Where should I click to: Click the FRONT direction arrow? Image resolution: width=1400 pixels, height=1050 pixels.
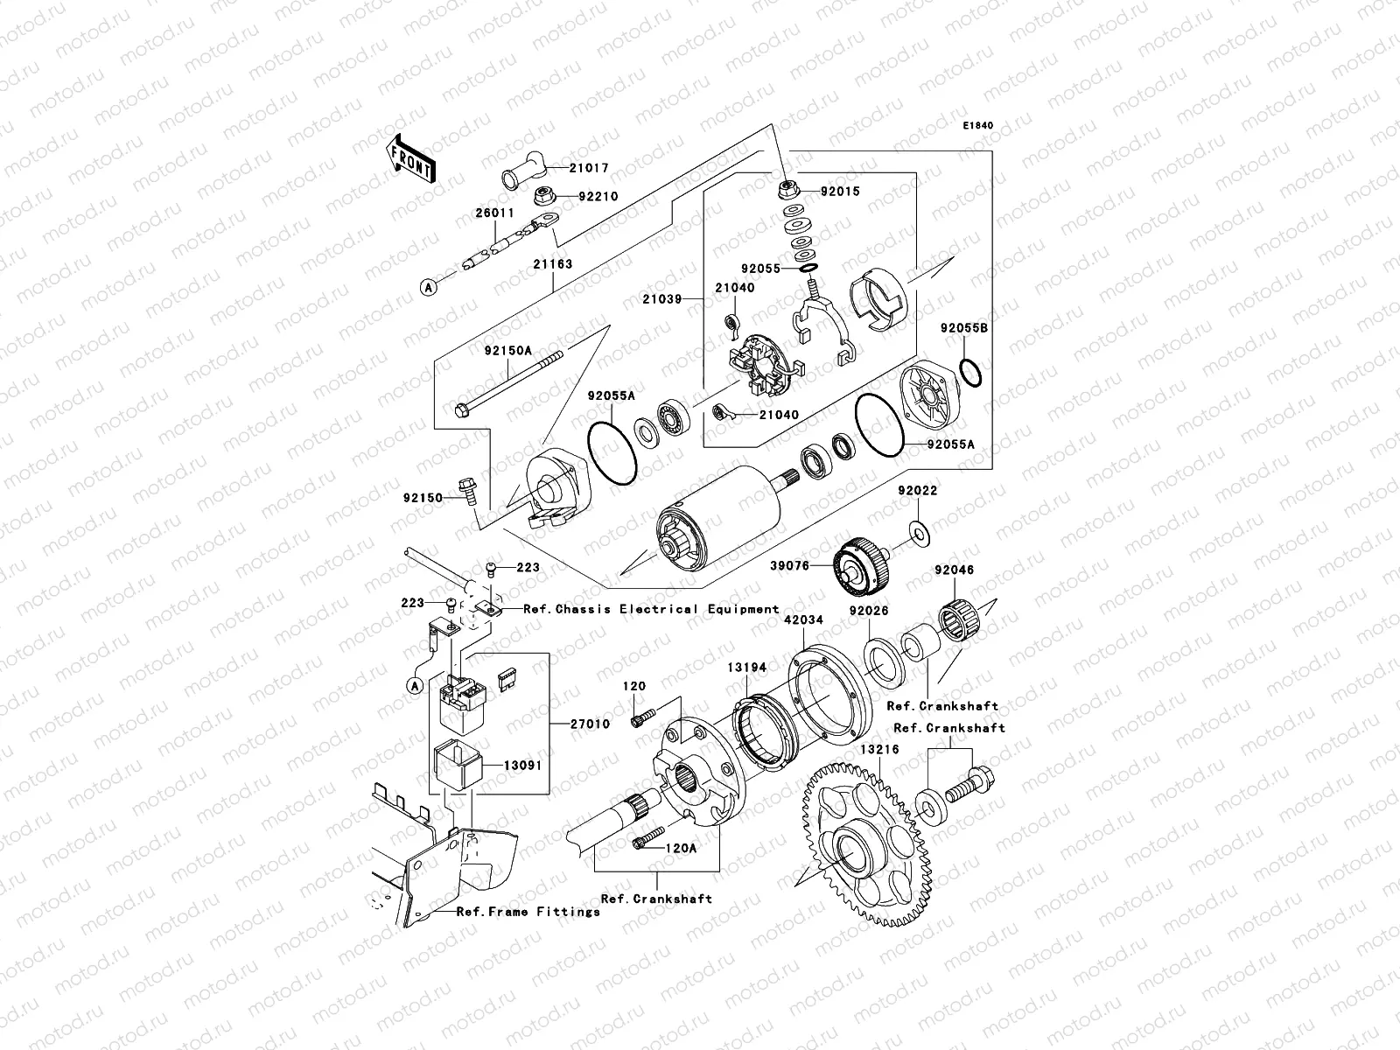pyautogui.click(x=410, y=158)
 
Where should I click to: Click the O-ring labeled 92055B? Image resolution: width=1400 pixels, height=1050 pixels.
pyautogui.click(x=970, y=371)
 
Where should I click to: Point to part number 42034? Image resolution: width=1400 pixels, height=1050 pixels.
pyautogui.click(x=802, y=619)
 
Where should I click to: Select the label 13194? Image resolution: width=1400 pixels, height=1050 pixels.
pyautogui.click(x=746, y=668)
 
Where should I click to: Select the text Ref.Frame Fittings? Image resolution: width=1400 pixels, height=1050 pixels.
pyautogui.click(x=528, y=912)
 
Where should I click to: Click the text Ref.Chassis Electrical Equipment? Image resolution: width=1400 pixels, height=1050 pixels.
pyautogui.click(x=651, y=609)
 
